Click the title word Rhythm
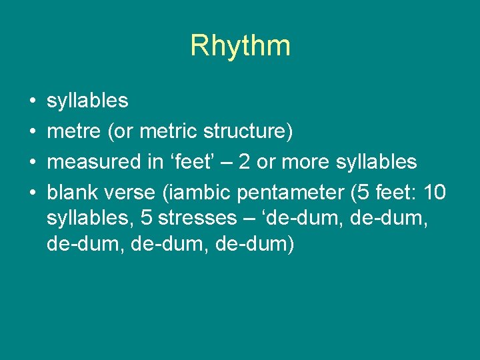[x=240, y=45]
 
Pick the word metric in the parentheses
[x=168, y=132]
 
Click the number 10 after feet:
[x=434, y=193]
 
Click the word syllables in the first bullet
[x=87, y=101]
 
